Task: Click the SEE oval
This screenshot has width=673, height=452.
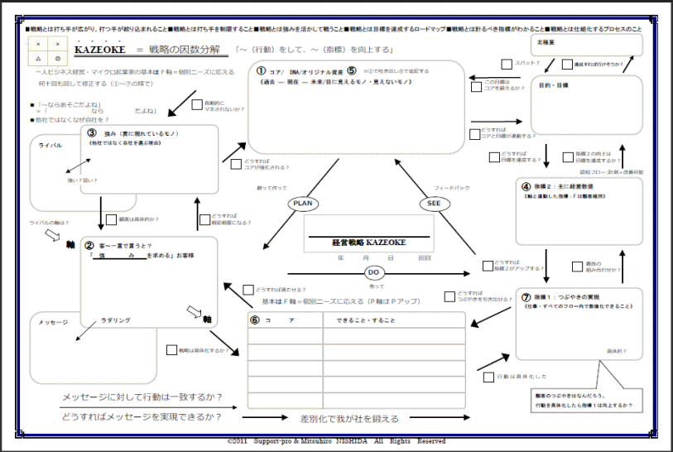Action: [x=434, y=203]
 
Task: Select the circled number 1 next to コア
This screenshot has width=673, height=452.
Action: [x=261, y=72]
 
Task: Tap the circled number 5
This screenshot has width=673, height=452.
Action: [x=351, y=71]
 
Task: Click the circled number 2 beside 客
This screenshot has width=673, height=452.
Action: [x=89, y=246]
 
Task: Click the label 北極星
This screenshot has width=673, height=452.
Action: [x=546, y=41]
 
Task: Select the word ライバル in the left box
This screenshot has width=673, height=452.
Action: [x=51, y=145]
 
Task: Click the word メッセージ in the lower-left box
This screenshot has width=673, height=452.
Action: [x=53, y=322]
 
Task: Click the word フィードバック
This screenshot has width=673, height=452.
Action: [x=451, y=188]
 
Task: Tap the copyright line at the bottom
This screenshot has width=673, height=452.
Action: [x=336, y=440]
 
